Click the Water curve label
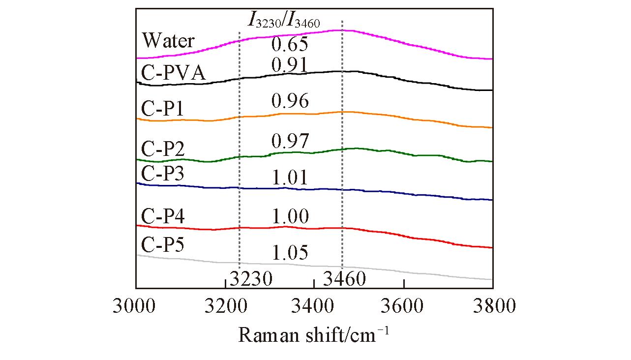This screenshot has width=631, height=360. [x=168, y=40]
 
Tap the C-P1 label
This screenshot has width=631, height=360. [x=163, y=109]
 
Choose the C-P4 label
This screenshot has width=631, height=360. [x=163, y=216]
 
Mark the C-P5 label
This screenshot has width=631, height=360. [x=163, y=244]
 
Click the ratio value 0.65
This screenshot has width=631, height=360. [x=290, y=44]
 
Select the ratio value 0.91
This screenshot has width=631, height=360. [x=290, y=64]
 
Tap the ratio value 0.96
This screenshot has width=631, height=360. [x=290, y=101]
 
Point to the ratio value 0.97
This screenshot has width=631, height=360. [x=290, y=141]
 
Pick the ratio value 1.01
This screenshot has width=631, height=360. [x=290, y=178]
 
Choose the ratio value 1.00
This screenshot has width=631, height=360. [x=290, y=216]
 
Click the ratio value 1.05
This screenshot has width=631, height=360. [x=290, y=252]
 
